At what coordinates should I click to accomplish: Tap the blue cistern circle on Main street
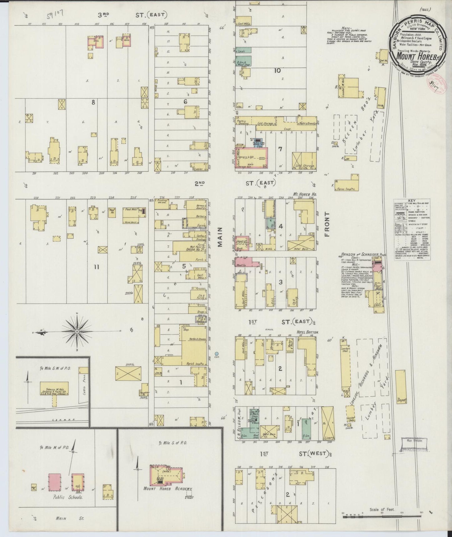pyautogui.click(x=217, y=353)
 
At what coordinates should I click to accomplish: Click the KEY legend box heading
pyautogui.click(x=412, y=201)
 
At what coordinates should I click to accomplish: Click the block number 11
pyautogui.click(x=96, y=267)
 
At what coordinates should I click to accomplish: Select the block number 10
pyautogui.click(x=277, y=70)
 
